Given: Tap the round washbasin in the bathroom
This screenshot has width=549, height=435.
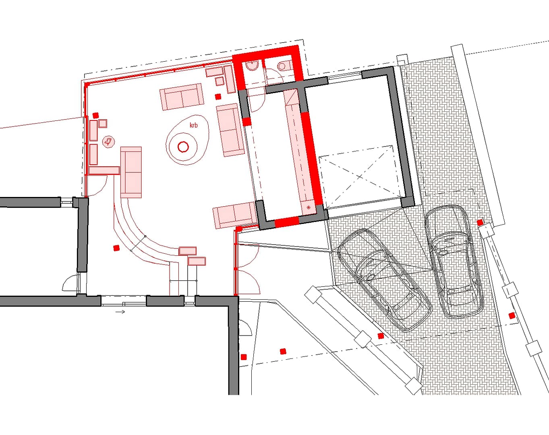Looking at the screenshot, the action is pos(252,66).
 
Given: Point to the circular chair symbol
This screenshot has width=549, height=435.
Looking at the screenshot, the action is pos(108,141).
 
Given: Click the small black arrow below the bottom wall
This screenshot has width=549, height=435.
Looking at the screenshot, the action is pos(120,312).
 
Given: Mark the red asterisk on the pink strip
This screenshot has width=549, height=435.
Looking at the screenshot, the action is pos(309,207).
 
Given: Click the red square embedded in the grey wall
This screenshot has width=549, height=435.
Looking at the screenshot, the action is pos(247,122).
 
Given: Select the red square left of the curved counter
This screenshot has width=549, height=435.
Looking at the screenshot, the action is pos(116,248).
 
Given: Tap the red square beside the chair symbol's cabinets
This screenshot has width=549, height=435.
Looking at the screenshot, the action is pos(96,115).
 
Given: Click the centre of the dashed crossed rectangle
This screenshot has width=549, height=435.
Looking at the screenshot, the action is pos(359,176).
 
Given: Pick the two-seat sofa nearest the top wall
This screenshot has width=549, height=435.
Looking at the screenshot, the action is pos(182,97).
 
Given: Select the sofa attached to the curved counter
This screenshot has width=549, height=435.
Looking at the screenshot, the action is pos(131,172).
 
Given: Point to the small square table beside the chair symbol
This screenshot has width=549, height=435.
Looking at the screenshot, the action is pos(103,124).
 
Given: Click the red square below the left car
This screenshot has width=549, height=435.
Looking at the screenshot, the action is pos(381,336).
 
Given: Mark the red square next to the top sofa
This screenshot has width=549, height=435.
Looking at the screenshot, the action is pos(218,97).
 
